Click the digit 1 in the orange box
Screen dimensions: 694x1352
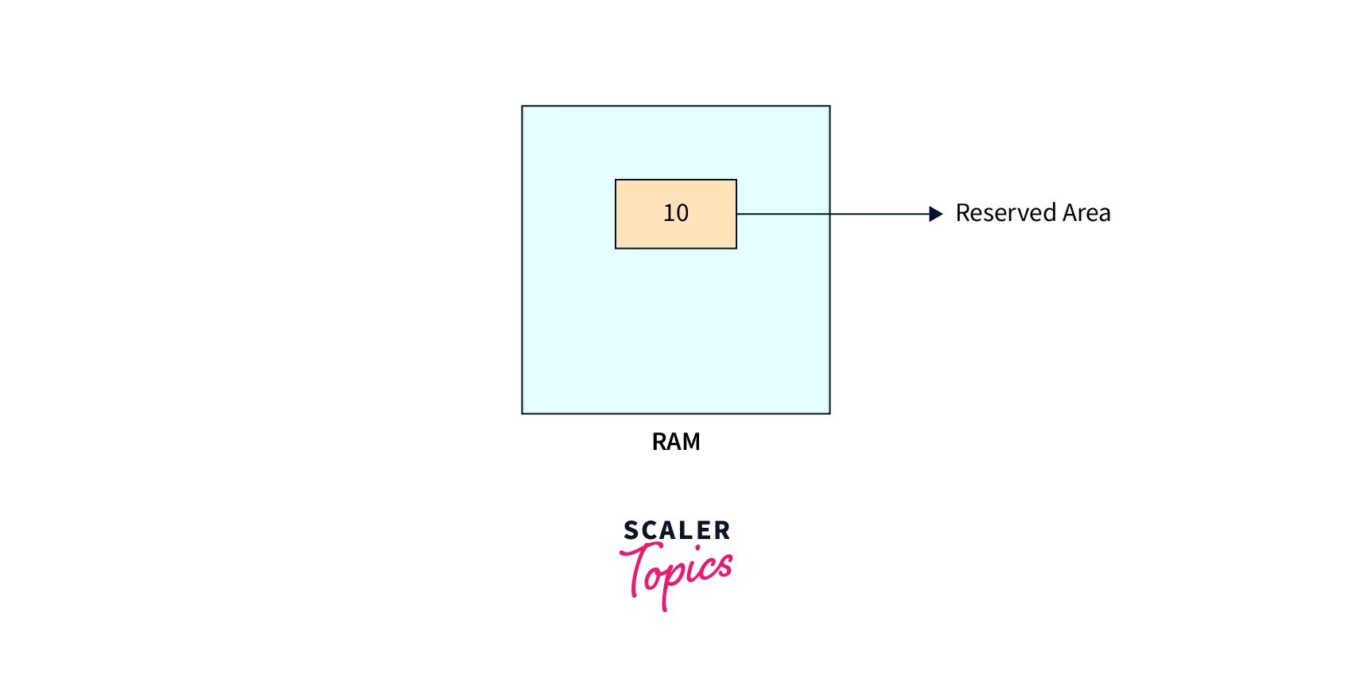(668, 213)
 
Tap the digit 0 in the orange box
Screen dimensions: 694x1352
(682, 213)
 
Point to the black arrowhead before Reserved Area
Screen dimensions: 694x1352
(936, 214)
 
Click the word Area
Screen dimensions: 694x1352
(1086, 213)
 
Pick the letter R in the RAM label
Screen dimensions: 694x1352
(659, 442)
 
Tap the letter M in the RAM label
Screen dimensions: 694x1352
(690, 442)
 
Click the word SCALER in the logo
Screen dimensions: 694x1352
(677, 530)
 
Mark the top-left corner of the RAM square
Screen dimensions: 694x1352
(523, 107)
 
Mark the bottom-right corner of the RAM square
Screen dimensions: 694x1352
(829, 413)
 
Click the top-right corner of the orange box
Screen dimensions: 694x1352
(736, 180)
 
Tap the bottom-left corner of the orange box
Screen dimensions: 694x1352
(616, 248)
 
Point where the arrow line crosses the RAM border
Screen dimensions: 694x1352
(829, 214)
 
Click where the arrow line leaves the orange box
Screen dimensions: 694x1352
(736, 214)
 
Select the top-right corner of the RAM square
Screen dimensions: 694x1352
(829, 107)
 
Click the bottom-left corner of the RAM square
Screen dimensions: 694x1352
(523, 413)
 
